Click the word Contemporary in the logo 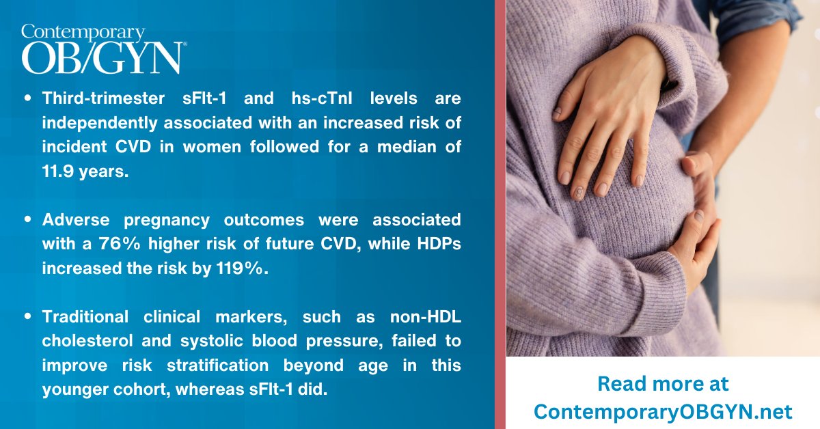coord(83,31)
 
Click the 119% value coord(241,268)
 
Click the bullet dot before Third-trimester coord(28,99)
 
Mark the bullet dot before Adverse coord(28,221)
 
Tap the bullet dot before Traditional coord(28,318)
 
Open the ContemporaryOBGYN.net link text coord(663,411)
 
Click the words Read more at coord(663,383)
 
